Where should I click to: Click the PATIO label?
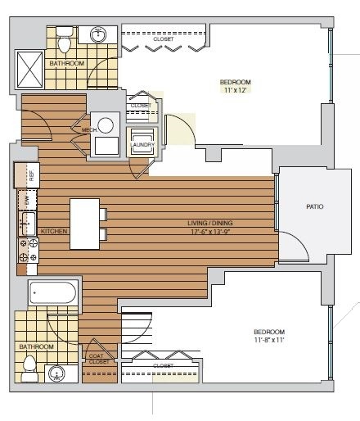tap(315, 206)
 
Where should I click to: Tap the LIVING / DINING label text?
tap(210, 223)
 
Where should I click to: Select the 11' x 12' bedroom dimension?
tap(235, 90)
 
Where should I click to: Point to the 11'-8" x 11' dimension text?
tap(269, 340)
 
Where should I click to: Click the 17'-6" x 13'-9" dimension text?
tap(210, 232)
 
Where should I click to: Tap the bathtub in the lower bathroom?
tap(52, 292)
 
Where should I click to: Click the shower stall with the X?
tap(29, 70)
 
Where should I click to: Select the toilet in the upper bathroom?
tap(65, 39)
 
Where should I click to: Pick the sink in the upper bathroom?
tap(98, 35)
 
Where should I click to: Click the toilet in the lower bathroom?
tap(29, 369)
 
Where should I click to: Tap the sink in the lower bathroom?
tap(56, 373)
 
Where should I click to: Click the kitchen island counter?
tap(84, 224)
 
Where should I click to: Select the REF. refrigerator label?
tap(32, 175)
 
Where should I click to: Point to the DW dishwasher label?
tap(27, 201)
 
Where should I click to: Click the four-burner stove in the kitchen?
tap(28, 251)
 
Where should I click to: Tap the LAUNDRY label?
tap(142, 145)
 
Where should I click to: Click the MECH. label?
tap(89, 130)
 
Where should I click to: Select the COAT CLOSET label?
tap(99, 359)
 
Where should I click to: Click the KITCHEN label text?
tap(54, 231)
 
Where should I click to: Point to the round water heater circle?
tap(106, 125)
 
